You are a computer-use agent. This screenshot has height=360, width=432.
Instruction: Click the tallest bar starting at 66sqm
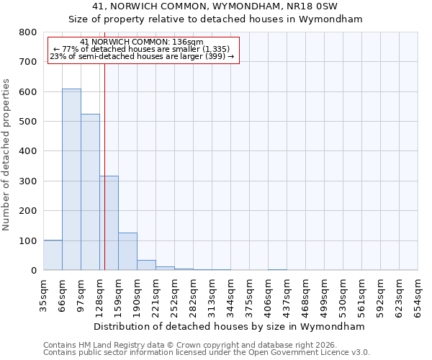point(71,179)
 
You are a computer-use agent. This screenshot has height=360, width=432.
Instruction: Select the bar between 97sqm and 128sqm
point(90,192)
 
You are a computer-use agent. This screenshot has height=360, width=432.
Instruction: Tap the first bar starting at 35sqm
point(53,255)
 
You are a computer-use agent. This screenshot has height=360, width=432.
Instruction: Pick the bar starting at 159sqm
point(127,251)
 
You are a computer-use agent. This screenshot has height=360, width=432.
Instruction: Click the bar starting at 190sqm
point(146,265)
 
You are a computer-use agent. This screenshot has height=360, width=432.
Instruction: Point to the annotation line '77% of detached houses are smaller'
point(142,49)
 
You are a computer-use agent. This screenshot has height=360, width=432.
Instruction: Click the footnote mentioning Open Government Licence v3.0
point(206,353)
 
